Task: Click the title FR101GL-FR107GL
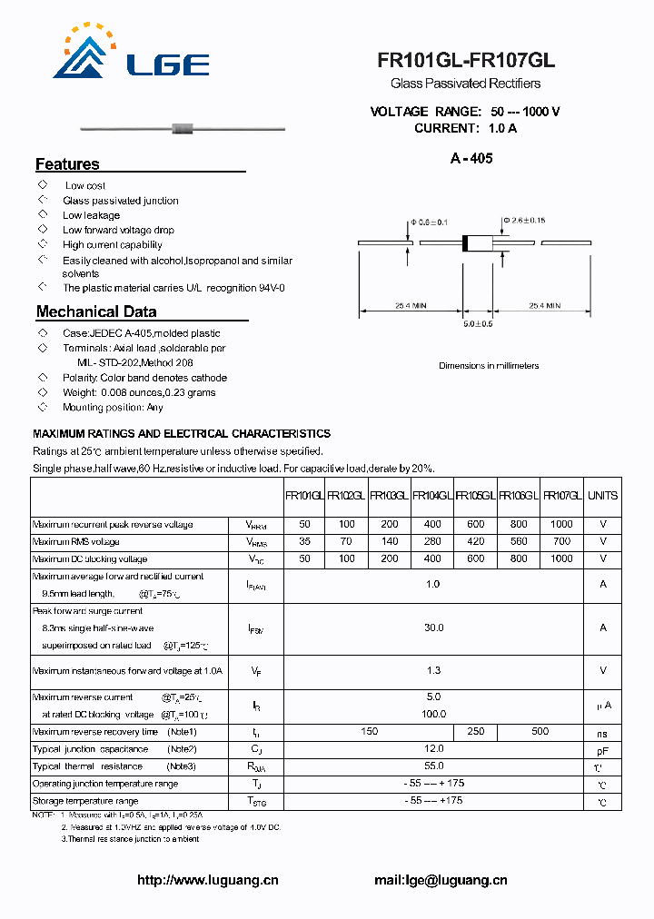(466, 61)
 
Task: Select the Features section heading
(67, 164)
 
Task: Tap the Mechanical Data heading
(96, 311)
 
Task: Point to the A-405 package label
(471, 158)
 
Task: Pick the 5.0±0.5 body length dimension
(478, 323)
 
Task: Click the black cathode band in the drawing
(466, 243)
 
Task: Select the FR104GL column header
(432, 496)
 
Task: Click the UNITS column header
(602, 496)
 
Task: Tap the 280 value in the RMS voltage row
(432, 541)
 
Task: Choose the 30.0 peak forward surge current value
(433, 627)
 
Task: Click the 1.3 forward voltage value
(433, 670)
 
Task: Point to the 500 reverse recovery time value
(540, 731)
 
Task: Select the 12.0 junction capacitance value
(433, 748)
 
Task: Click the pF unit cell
(602, 750)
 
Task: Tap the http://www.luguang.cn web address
(207, 880)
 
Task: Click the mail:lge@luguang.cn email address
(441, 880)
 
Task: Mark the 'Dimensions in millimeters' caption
(489, 366)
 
